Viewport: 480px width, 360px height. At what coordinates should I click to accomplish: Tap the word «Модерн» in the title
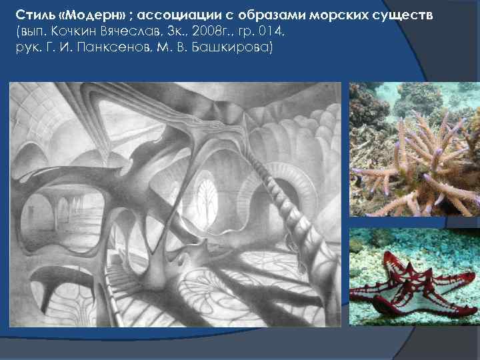pos(81,15)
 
